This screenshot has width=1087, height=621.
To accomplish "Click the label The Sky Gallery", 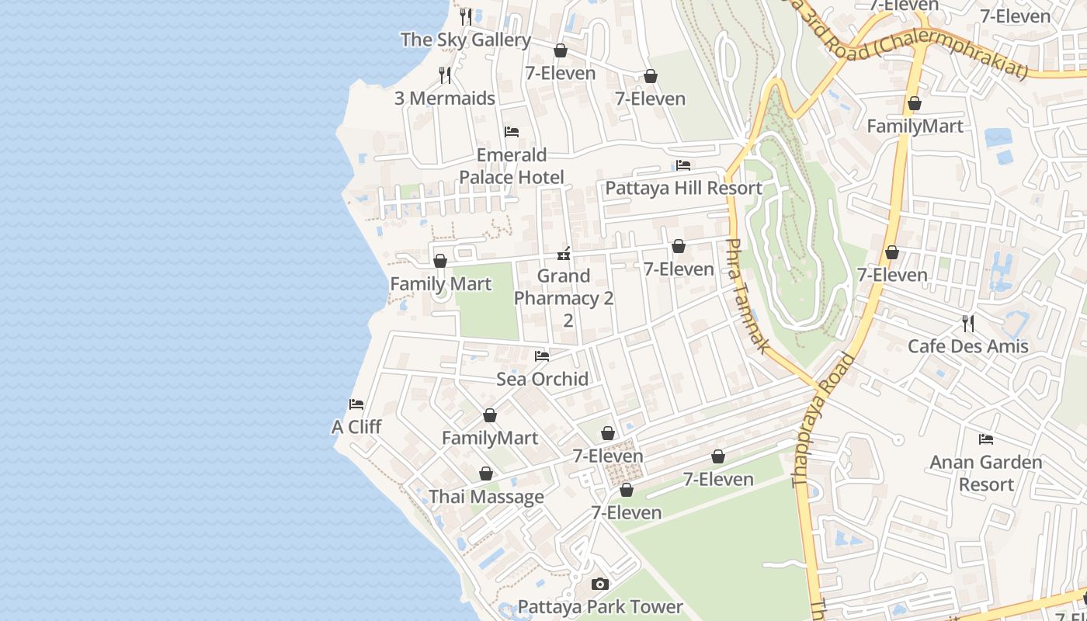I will (465, 40).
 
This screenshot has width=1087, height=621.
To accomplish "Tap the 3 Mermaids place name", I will (444, 99).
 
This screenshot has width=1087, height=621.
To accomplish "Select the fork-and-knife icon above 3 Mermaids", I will (445, 75).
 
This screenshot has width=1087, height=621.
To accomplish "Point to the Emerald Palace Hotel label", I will (512, 166).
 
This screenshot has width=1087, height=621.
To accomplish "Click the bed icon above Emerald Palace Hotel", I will (512, 131).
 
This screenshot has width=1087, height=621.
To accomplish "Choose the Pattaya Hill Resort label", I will (683, 188).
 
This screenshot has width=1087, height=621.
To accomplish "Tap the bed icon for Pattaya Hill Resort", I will (683, 165).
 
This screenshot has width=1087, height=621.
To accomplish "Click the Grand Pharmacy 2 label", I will (564, 287).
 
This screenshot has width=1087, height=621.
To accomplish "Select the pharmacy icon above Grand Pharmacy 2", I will (564, 253).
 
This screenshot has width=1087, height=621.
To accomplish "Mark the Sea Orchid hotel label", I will (542, 379).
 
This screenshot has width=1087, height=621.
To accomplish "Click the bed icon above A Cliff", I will (356, 404).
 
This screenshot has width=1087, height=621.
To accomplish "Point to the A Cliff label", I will (356, 427).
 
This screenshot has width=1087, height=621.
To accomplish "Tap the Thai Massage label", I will (486, 497).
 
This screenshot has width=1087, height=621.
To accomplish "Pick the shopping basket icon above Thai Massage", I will (486, 474).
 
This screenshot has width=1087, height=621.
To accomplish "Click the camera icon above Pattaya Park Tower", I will (600, 584).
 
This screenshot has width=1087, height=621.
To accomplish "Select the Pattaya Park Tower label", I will (600, 607).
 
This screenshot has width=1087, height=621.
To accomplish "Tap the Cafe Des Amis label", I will (968, 346).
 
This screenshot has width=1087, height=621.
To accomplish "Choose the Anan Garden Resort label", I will (986, 474).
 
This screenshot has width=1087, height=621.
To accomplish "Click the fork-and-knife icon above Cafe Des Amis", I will (968, 323).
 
